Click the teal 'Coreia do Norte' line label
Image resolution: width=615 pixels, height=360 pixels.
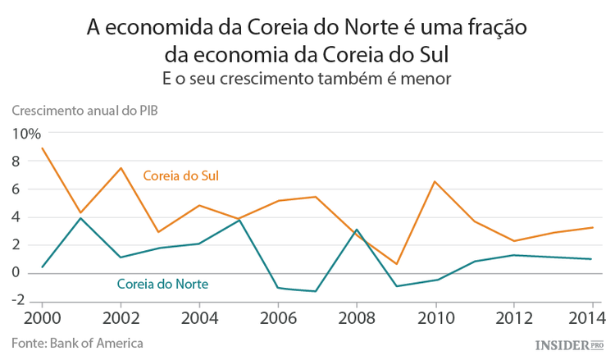162,285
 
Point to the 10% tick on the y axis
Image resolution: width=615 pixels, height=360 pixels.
25,134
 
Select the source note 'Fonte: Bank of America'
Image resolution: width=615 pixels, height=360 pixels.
78,342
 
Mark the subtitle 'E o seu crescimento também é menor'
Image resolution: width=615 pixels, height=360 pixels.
307,78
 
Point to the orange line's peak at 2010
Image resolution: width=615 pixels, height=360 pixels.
435,181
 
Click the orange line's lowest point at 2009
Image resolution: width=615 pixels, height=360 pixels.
395,264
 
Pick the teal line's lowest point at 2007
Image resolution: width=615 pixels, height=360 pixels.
316,291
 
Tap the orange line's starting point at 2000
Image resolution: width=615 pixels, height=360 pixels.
42,148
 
